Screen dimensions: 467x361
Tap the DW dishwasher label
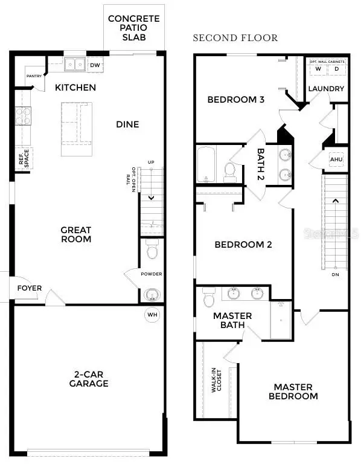coord(95,65)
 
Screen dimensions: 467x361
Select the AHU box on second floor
coord(337,159)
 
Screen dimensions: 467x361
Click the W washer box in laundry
coord(318,69)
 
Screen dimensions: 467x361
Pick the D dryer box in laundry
coord(337,69)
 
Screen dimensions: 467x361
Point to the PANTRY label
coord(34,76)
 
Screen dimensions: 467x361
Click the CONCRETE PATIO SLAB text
coord(134,27)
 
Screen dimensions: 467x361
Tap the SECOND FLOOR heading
coord(235,38)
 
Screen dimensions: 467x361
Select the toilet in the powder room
coord(152,248)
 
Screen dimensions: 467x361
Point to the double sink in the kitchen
coord(75,63)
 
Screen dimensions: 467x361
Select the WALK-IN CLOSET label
coord(217,382)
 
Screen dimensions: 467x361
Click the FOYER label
coord(29,288)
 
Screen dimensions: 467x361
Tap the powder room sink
coord(152,294)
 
